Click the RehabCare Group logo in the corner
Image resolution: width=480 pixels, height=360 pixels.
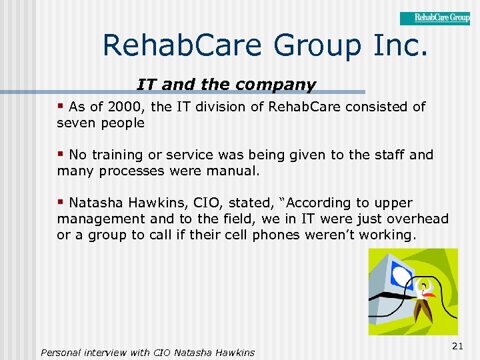pos(435,18)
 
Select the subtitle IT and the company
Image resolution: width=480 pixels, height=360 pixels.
pos(226,85)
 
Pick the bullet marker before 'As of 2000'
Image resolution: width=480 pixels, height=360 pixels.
pos(61,107)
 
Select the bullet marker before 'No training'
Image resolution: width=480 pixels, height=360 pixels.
pos(61,155)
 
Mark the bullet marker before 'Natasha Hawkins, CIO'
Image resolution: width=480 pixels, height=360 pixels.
pos(61,203)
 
